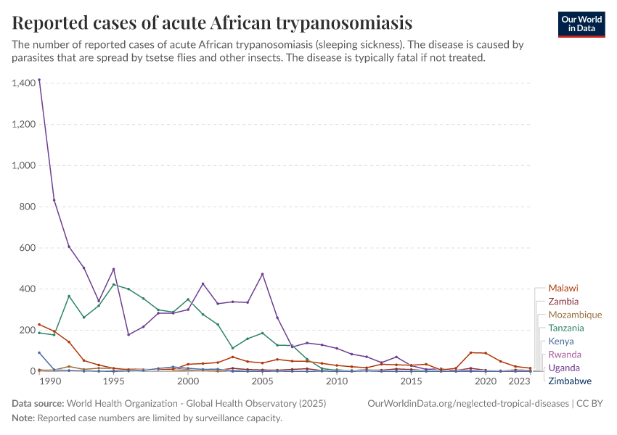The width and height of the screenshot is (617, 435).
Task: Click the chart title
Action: [213, 23]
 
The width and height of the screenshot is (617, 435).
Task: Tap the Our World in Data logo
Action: [582, 24]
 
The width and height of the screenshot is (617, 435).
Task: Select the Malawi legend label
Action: [563, 288]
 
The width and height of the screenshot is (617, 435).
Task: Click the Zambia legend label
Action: [563, 301]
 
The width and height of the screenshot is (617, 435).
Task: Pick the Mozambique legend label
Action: [575, 315]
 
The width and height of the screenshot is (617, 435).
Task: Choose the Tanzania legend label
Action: [566, 328]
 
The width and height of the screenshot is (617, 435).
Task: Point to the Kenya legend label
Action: [561, 341]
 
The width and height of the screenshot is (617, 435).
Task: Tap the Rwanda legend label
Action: [564, 355]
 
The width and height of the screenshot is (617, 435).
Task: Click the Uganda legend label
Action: [564, 368]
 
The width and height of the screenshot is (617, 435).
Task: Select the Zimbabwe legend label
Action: [570, 381]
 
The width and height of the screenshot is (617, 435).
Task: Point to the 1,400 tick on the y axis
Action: [24, 83]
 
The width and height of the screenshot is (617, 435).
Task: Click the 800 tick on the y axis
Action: [27, 207]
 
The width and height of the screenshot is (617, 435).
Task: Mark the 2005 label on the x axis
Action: [262, 381]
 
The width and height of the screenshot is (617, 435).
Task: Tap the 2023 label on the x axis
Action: [518, 381]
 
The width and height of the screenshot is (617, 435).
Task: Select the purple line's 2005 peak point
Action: [262, 274]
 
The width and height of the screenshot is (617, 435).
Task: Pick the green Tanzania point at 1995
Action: [113, 284]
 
